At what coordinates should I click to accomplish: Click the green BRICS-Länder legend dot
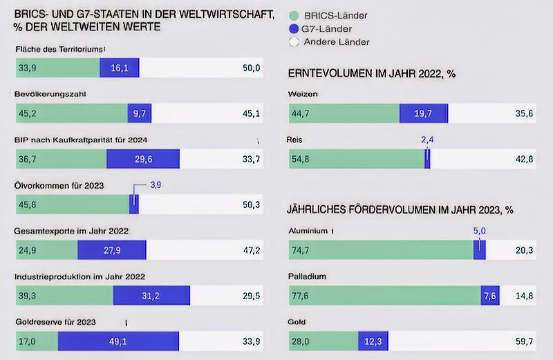click(293, 15)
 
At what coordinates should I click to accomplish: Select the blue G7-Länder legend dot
click(293, 28)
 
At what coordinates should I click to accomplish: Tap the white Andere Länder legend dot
click(293, 42)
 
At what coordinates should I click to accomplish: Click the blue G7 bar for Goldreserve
click(118, 341)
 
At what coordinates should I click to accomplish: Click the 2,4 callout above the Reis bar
click(429, 139)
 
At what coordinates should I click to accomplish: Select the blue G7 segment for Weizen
click(423, 114)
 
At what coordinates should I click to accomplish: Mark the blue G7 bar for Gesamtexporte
click(112, 249)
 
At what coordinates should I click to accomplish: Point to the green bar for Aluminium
click(379, 250)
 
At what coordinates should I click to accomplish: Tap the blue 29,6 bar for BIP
click(142, 158)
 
